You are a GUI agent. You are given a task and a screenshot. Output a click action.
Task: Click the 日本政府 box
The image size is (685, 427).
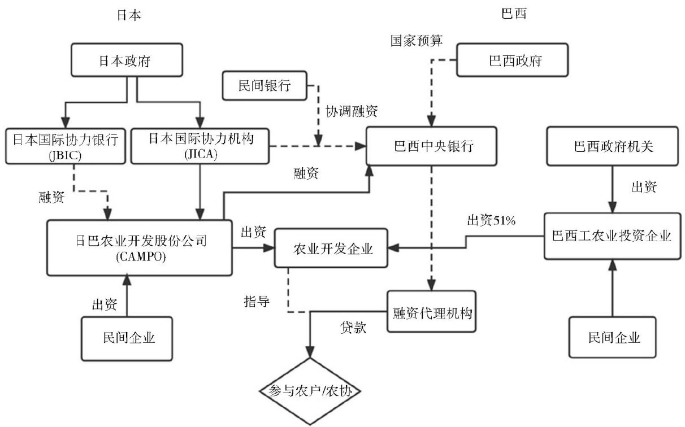pyautogui.click(x=127, y=60)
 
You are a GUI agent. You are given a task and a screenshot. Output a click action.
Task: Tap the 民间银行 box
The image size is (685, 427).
pyautogui.click(x=265, y=86)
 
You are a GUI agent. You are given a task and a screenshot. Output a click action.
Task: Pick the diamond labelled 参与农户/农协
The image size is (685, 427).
pyautogui.click(x=310, y=390)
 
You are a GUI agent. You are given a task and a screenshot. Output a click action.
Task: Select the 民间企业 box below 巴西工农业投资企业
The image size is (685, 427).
pyautogui.click(x=614, y=337)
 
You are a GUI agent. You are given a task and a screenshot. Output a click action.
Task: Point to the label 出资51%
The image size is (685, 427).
pyautogui.click(x=491, y=221)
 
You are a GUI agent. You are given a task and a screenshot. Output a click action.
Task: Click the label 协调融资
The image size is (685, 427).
pyautogui.click(x=352, y=112)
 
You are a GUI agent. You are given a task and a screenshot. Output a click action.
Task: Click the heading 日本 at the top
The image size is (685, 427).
pyautogui.click(x=127, y=15)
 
